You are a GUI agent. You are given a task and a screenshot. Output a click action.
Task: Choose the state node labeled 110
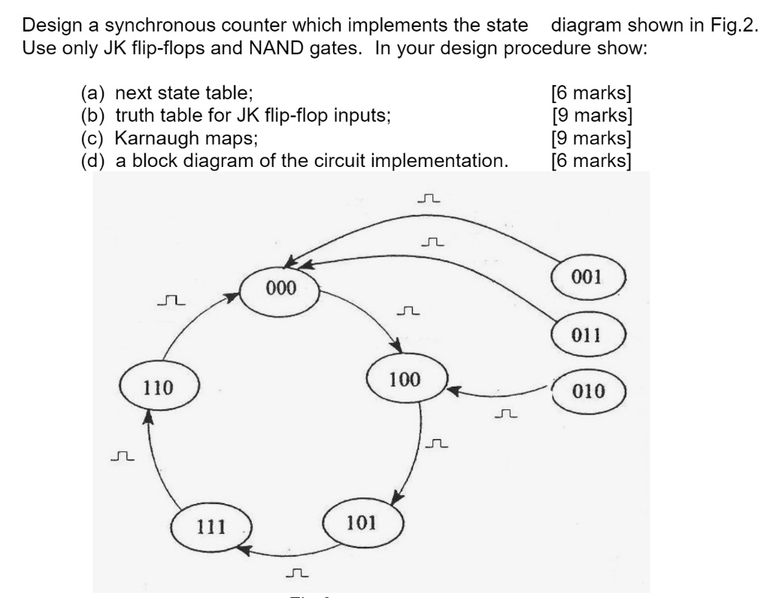[159, 388]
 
